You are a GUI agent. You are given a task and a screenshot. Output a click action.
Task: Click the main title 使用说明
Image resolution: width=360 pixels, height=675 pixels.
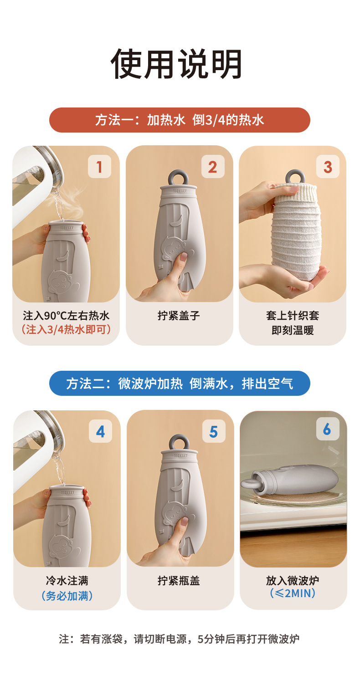pyautogui.click(x=177, y=64)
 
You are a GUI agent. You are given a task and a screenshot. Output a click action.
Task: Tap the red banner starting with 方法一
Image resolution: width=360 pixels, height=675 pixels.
pyautogui.click(x=180, y=120)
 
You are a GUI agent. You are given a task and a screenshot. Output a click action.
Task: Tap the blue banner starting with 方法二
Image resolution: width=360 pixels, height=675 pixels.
pyautogui.click(x=180, y=384)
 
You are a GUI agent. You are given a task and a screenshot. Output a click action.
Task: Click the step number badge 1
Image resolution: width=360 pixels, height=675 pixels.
pyautogui.click(x=99, y=166)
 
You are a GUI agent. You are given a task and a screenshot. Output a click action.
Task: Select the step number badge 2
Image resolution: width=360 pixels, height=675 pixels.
pyautogui.click(x=213, y=166)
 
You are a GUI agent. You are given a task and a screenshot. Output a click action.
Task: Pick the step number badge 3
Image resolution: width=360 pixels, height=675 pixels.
pyautogui.click(x=328, y=166)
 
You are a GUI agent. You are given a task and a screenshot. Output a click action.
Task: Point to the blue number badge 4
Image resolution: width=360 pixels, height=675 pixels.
pyautogui.click(x=100, y=431)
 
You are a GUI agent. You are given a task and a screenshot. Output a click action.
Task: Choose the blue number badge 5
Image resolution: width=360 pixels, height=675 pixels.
pyautogui.click(x=214, y=431)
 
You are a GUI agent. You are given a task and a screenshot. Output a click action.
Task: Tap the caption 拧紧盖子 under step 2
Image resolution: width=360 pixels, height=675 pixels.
pyautogui.click(x=179, y=316)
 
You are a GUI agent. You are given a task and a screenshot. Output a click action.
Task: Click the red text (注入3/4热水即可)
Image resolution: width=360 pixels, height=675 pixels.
pyautogui.click(x=66, y=329)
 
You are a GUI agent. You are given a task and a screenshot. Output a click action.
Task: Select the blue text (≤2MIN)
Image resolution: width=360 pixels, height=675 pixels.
pyautogui.click(x=293, y=593)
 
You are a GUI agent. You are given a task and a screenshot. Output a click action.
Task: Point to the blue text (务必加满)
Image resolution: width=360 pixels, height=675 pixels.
pyautogui.click(x=67, y=596)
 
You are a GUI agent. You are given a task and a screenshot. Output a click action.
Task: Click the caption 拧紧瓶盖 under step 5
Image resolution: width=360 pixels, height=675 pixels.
pyautogui.click(x=179, y=580)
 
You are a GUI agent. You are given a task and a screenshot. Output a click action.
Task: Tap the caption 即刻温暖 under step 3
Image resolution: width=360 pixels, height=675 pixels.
pyautogui.click(x=293, y=330)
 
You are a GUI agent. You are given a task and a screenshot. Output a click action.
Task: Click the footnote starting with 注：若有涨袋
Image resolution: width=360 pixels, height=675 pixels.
pyautogui.click(x=179, y=639)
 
